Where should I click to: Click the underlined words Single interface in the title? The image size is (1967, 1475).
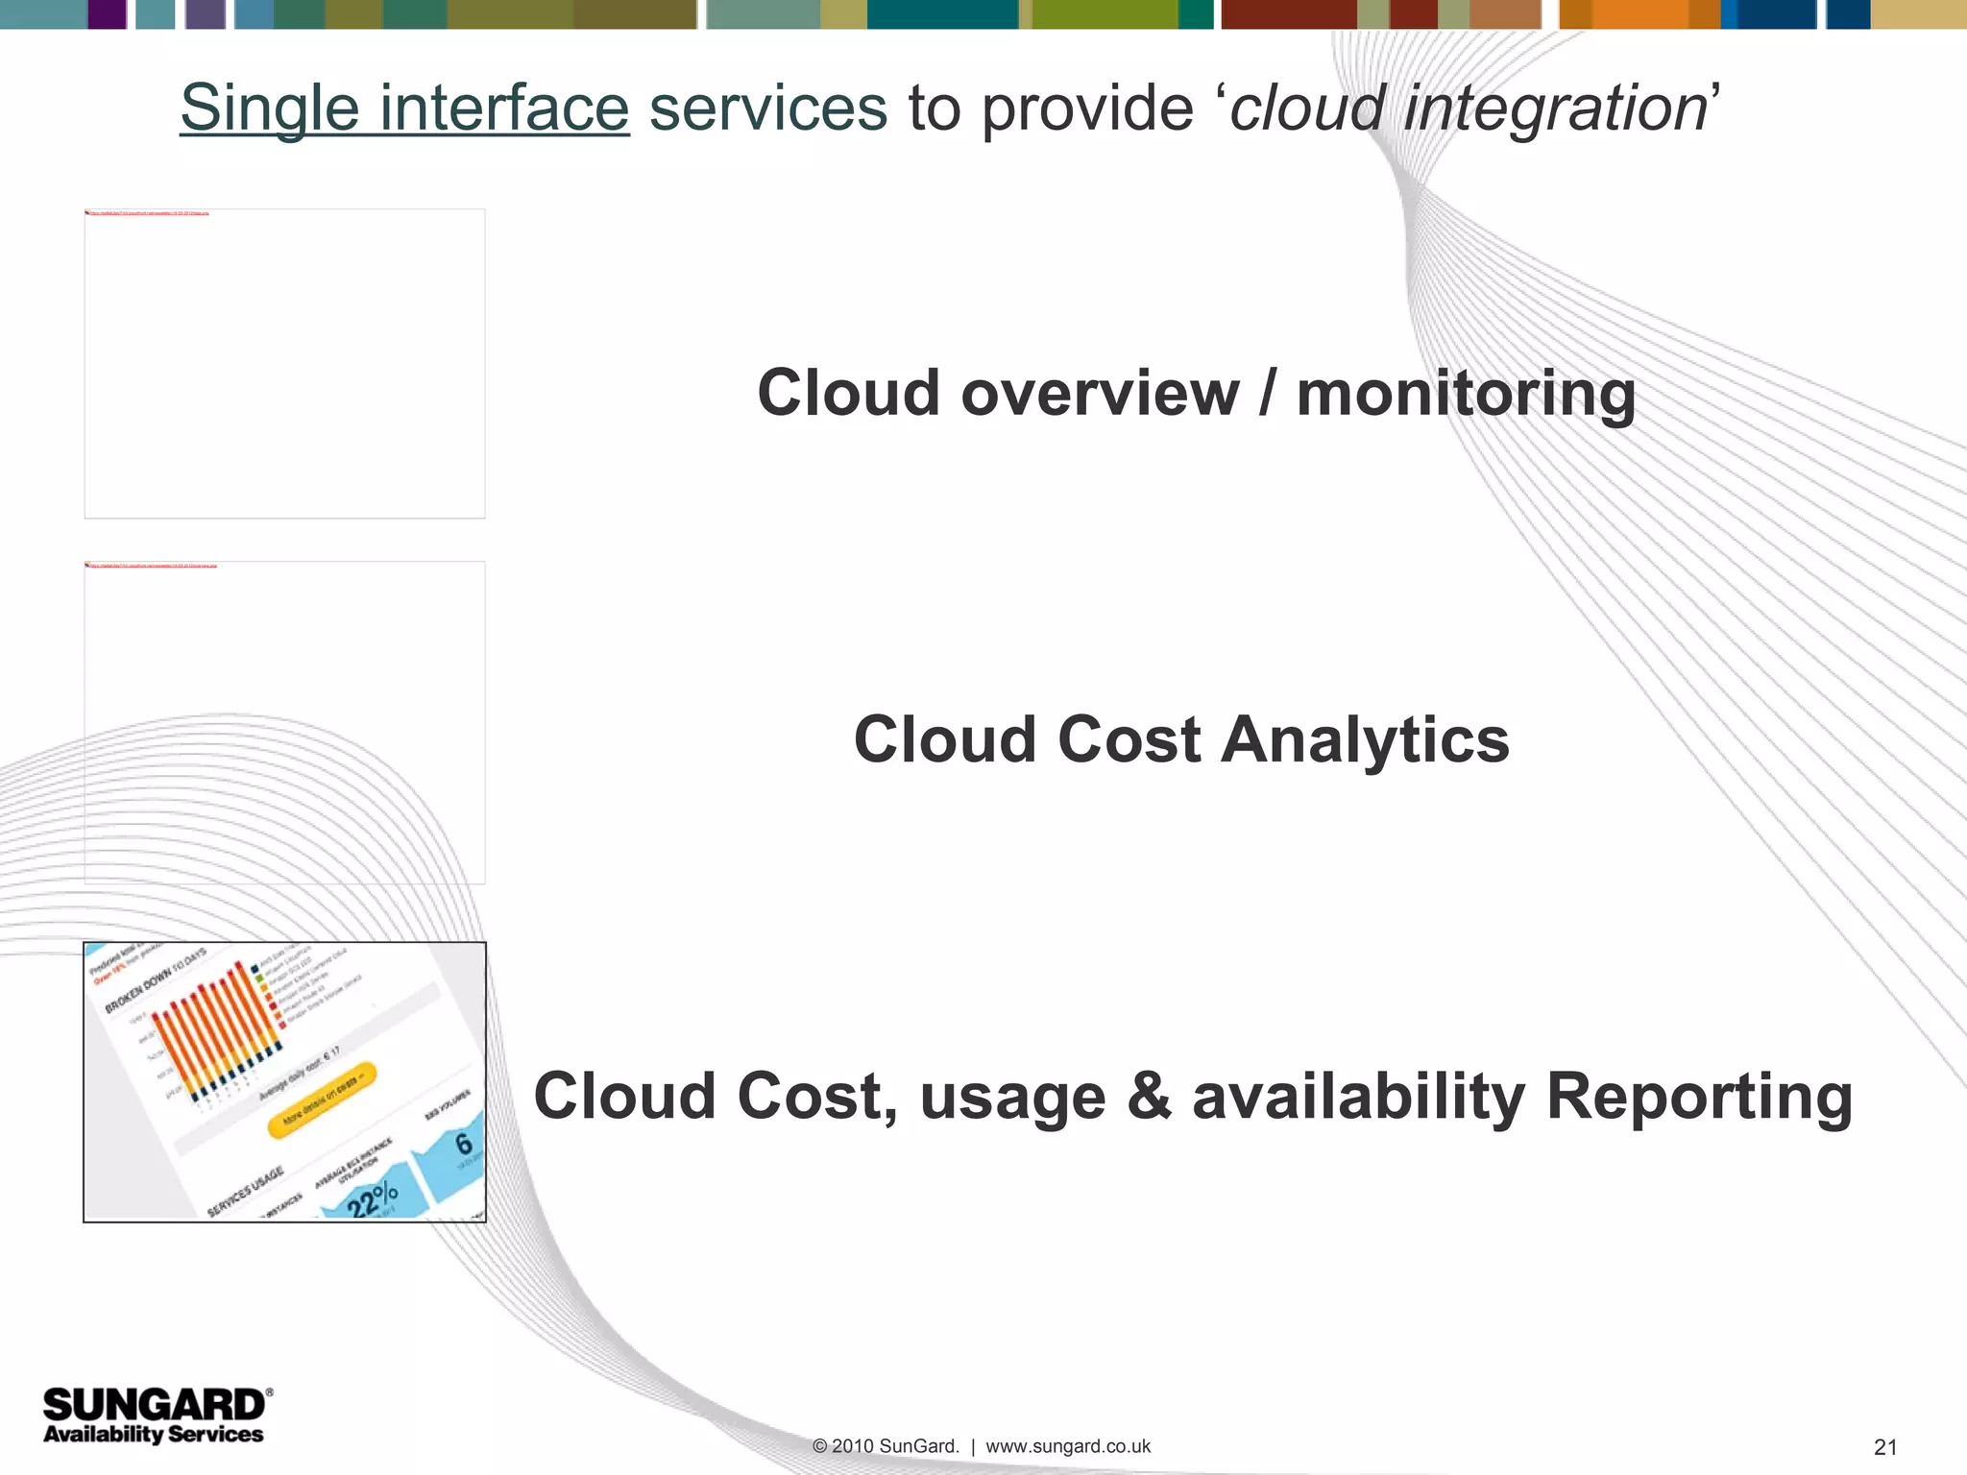click(x=404, y=108)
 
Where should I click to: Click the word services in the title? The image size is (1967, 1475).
click(x=767, y=108)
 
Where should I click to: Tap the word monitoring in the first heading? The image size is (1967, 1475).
click(x=1466, y=394)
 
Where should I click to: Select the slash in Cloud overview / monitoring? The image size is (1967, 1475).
click(x=1268, y=394)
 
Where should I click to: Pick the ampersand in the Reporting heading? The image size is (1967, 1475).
click(x=1150, y=1097)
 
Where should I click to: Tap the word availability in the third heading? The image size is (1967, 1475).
click(x=1358, y=1097)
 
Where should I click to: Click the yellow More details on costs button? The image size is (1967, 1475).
click(x=322, y=1100)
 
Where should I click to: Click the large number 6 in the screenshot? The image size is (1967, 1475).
click(x=464, y=1143)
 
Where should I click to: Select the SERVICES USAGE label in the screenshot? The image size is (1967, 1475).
click(x=246, y=1191)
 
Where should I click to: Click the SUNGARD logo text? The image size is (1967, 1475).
click(x=154, y=1405)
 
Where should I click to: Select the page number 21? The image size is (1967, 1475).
click(x=1885, y=1447)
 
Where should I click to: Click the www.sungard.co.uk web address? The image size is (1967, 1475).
click(x=1068, y=1446)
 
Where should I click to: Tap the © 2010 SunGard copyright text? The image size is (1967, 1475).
click(x=886, y=1446)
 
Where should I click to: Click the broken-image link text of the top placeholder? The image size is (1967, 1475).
click(x=149, y=213)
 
